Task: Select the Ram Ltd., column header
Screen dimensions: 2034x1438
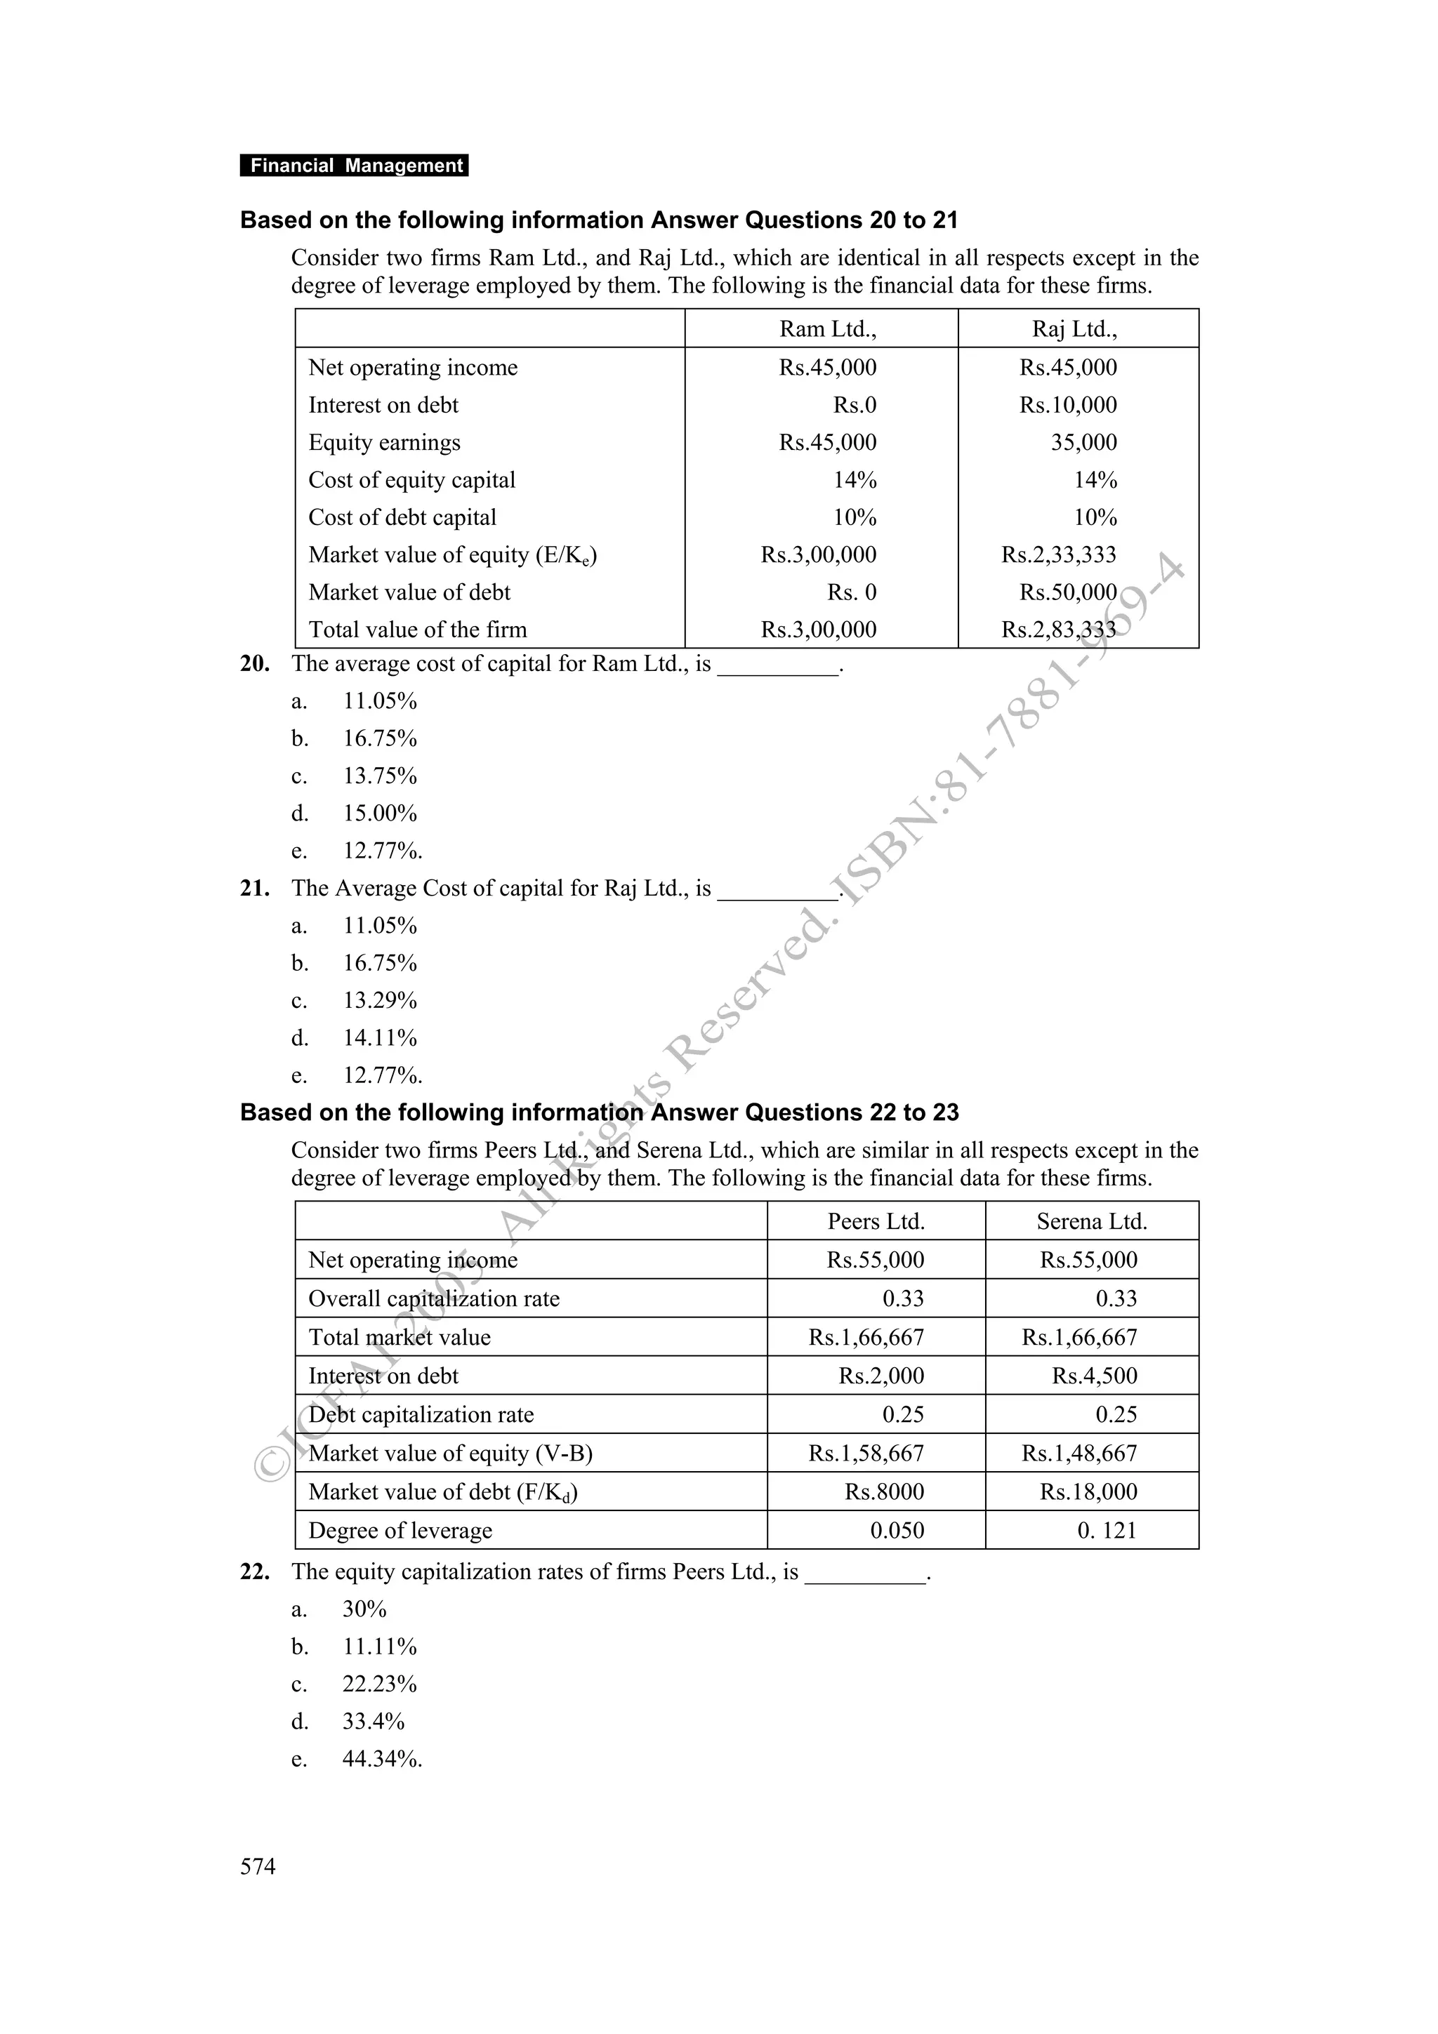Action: click(x=828, y=330)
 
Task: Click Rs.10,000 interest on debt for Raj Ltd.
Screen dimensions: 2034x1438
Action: click(x=1068, y=405)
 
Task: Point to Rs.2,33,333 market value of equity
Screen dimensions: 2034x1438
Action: click(x=1058, y=554)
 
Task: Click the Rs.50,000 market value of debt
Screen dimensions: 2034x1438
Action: click(x=1068, y=592)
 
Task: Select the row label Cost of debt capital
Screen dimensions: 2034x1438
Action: click(x=402, y=517)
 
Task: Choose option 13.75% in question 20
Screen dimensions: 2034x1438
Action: click(x=380, y=776)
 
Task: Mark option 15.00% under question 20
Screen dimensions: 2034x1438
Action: click(x=380, y=813)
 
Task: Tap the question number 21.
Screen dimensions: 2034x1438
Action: click(x=255, y=889)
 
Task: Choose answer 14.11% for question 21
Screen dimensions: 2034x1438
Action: click(x=380, y=1037)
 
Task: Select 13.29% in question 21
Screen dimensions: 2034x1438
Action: click(x=380, y=1000)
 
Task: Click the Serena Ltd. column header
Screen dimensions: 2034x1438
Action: click(x=1092, y=1222)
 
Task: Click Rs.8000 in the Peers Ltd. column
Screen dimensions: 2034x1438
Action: click(x=883, y=1492)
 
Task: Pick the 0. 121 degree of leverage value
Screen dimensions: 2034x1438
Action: click(x=1106, y=1531)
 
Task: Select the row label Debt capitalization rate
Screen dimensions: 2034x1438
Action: click(x=421, y=1415)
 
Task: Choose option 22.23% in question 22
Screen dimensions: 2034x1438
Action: click(x=379, y=1684)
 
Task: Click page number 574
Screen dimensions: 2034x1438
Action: click(x=258, y=1866)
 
